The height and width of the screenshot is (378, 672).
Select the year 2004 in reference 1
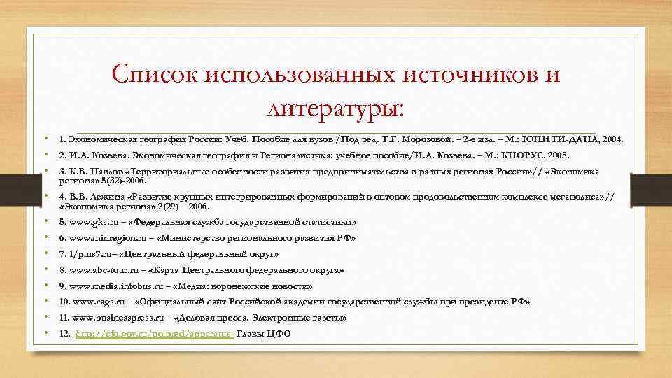point(612,139)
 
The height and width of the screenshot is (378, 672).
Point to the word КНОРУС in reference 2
point(534,155)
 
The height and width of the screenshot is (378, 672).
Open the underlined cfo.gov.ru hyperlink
point(155,334)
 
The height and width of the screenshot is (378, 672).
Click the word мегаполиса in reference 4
point(580,197)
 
